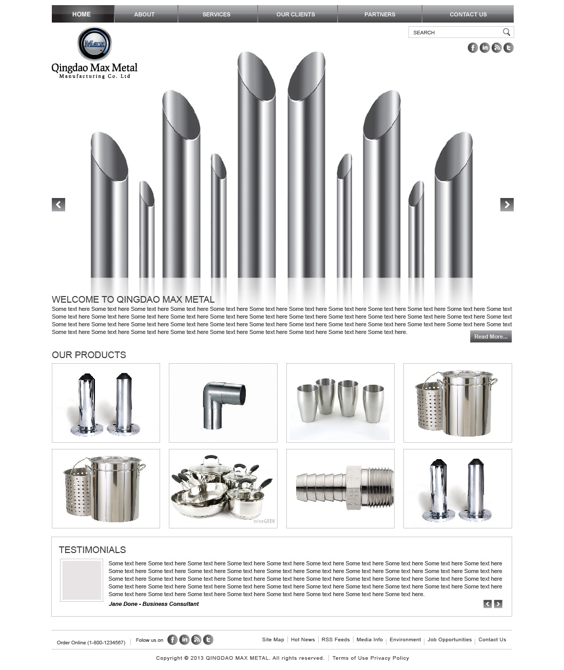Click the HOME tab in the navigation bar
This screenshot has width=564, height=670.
[x=82, y=14]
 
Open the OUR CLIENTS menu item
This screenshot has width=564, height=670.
[x=296, y=14]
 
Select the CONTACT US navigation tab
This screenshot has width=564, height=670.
[x=468, y=14]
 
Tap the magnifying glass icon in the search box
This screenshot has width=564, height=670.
[x=507, y=32]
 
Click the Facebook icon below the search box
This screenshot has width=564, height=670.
[x=473, y=48]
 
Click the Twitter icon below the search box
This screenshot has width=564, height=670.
[x=508, y=48]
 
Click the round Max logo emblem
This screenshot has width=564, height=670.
[x=94, y=44]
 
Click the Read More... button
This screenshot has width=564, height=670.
[x=491, y=337]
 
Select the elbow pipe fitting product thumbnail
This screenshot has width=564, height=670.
[x=223, y=403]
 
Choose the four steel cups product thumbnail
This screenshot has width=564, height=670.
[x=340, y=403]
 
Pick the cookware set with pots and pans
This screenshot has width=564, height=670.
[x=223, y=488]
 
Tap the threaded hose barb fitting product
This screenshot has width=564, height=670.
[x=340, y=488]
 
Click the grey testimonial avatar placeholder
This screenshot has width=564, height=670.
[x=82, y=580]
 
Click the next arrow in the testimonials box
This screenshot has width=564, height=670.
[x=498, y=604]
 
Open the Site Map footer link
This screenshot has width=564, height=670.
[x=273, y=640]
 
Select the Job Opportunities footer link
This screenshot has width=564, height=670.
[x=450, y=640]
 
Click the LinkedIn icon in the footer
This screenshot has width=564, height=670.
[x=184, y=640]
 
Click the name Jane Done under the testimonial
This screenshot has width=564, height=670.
[x=123, y=604]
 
